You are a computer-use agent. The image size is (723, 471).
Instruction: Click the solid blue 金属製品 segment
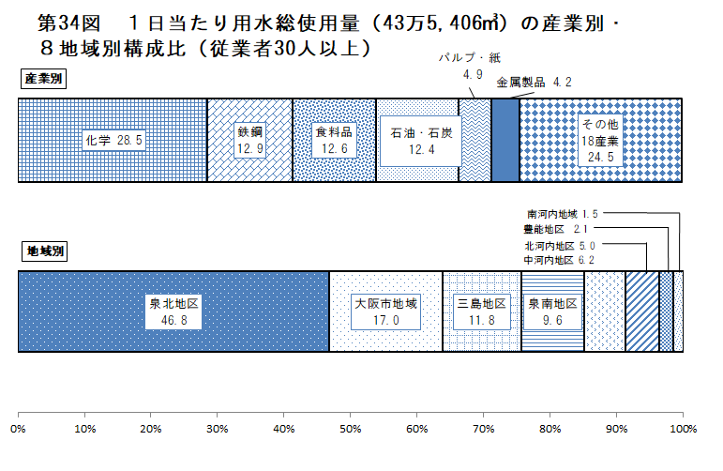click(x=505, y=141)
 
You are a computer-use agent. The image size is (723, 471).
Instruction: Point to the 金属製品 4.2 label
click(x=534, y=83)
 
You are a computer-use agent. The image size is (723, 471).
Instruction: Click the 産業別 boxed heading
click(x=43, y=80)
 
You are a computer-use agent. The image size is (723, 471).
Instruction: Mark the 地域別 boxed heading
click(x=43, y=251)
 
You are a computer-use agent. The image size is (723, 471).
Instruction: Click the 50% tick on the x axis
click(x=351, y=429)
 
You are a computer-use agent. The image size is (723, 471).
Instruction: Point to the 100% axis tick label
click(x=684, y=429)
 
